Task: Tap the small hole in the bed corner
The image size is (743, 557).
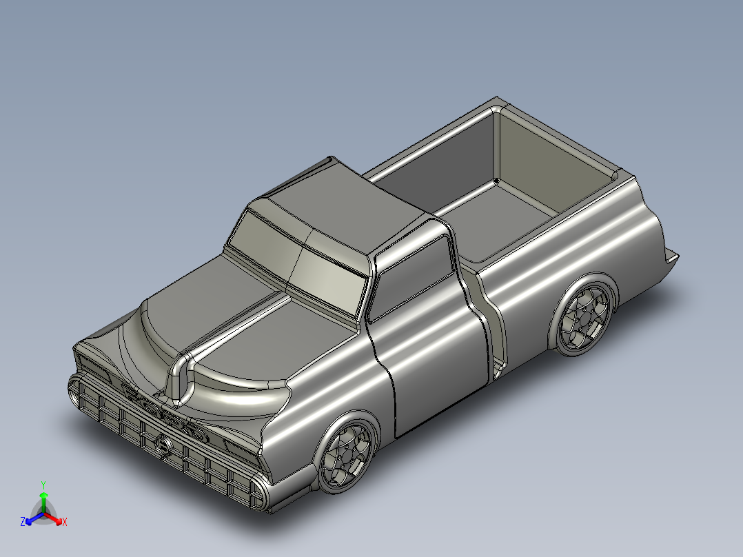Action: pos(496,182)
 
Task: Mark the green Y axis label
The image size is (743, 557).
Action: pos(43,485)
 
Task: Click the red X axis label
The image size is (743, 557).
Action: pos(65,523)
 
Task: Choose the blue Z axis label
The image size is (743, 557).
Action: pos(23,523)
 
